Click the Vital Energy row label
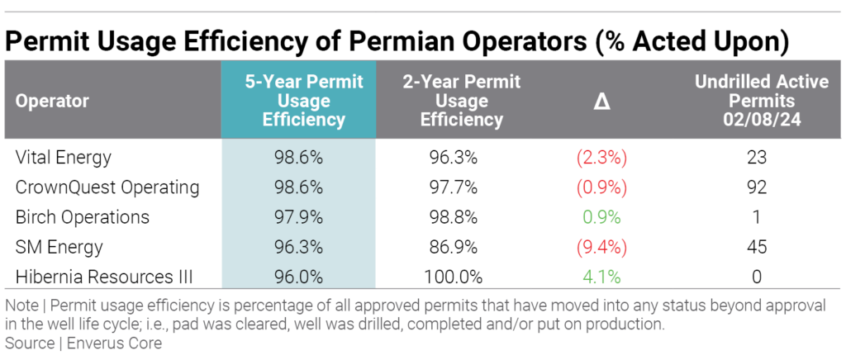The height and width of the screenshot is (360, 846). click(x=63, y=157)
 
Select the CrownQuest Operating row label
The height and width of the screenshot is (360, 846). click(x=107, y=187)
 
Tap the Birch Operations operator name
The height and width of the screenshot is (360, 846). click(x=83, y=217)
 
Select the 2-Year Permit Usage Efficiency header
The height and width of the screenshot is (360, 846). click(x=461, y=101)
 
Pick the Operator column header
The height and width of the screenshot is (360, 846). click(x=52, y=102)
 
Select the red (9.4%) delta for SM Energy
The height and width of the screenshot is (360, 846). click(x=601, y=247)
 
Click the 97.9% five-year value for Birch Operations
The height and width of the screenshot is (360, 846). click(x=298, y=217)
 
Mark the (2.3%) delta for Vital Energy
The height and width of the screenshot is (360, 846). click(x=601, y=157)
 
